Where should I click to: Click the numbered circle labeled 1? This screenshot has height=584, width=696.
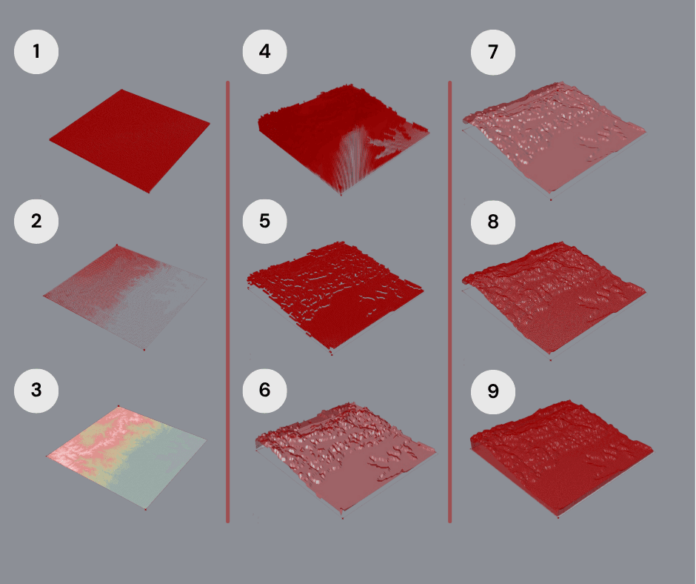[x=36, y=52]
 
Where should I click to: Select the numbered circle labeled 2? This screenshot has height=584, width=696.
[x=36, y=221]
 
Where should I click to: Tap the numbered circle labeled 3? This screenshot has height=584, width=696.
[x=36, y=391]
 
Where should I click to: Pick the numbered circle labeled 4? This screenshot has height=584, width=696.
[x=264, y=52]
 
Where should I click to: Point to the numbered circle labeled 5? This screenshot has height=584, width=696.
[x=264, y=221]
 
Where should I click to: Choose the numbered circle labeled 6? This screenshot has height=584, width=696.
[x=264, y=391]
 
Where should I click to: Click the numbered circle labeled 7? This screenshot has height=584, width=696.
[x=493, y=52]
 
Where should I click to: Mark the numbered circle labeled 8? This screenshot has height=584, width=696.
[x=493, y=222]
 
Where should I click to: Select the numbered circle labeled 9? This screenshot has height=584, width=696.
[x=493, y=391]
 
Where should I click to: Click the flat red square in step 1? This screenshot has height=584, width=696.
[x=130, y=141]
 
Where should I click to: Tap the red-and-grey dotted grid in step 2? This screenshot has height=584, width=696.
[x=125, y=297]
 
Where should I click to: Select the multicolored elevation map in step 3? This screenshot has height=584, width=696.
[x=127, y=458]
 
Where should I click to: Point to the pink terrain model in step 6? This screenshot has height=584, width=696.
[x=345, y=460]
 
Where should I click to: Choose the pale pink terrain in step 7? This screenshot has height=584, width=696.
[x=554, y=138]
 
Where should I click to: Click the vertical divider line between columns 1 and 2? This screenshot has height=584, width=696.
[x=228, y=302]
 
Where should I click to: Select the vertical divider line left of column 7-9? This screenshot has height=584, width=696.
[x=450, y=302]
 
